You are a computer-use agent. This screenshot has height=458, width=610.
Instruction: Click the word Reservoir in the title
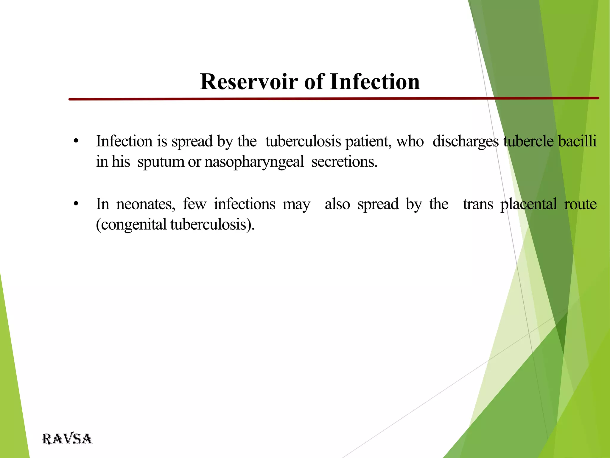pos(249,82)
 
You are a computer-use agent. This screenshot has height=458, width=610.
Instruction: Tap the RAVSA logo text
pos(67,439)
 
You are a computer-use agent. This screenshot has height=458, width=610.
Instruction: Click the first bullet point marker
pos(76,141)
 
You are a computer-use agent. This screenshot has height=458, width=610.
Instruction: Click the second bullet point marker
pos(76,204)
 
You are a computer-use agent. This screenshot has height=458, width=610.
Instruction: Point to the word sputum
pos(161,162)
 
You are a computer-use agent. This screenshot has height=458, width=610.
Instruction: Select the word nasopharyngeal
pos(254,162)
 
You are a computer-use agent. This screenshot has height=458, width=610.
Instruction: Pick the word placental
pos(528,204)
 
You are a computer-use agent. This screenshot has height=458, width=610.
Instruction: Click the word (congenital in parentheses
pos(131,225)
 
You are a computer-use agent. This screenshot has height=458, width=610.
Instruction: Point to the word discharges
pos(465,141)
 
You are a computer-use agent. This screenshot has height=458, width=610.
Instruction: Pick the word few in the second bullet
pos(194,204)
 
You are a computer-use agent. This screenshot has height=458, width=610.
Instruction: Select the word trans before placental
pos(478,204)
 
